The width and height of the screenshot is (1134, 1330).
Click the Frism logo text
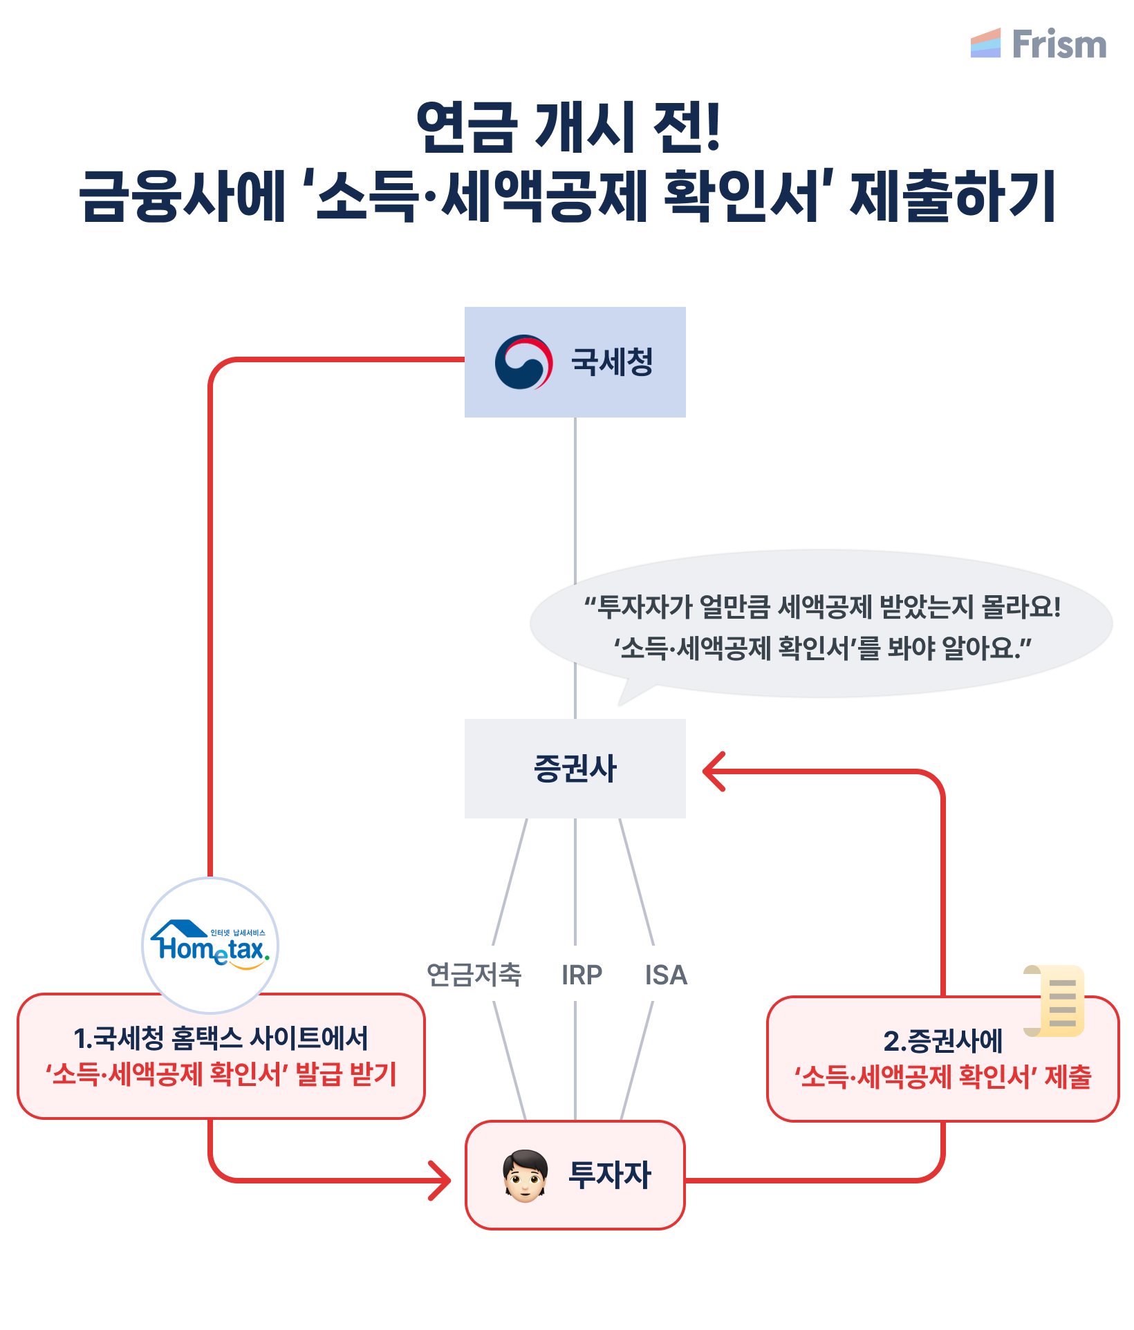(x=1059, y=44)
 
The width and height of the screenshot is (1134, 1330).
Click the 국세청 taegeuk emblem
(x=523, y=362)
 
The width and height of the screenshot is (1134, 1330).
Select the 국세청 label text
(x=612, y=362)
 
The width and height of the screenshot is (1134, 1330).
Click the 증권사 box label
(x=575, y=769)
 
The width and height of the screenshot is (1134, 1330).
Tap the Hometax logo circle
(x=210, y=946)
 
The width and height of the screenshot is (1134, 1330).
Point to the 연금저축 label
(x=474, y=975)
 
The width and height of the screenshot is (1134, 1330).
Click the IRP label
(x=582, y=975)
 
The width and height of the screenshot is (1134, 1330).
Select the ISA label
(x=666, y=975)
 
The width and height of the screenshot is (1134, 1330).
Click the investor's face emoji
(x=525, y=1176)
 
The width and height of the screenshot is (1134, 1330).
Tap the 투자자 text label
(x=609, y=1175)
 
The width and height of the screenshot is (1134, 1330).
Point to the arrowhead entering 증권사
(x=712, y=771)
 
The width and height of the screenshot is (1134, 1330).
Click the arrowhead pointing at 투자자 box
(x=440, y=1180)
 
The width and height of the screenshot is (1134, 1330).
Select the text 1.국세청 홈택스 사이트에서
(x=221, y=1038)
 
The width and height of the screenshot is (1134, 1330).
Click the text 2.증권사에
(x=942, y=1040)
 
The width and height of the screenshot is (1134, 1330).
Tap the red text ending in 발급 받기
(x=221, y=1074)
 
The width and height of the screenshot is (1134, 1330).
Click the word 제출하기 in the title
(x=952, y=196)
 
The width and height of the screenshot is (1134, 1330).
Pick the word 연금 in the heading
(x=467, y=127)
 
